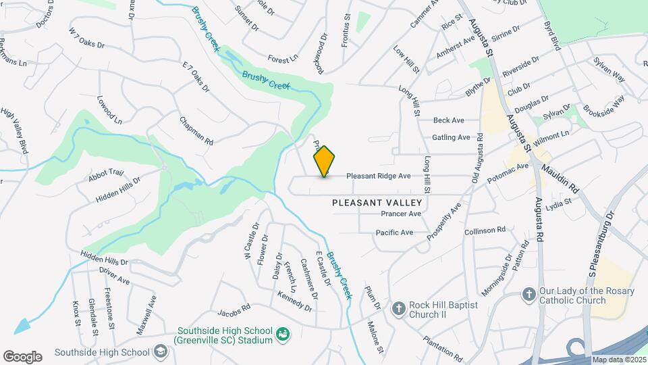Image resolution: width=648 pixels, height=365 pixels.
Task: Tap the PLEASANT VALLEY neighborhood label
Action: click(377, 203)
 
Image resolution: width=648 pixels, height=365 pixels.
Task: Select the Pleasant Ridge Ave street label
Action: click(379, 176)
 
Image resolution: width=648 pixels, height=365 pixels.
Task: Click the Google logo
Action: click(22, 357)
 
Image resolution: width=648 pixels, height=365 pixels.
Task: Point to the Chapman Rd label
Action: click(196, 131)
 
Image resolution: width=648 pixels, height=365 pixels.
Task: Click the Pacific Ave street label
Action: click(395, 233)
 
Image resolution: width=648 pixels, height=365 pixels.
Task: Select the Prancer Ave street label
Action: click(401, 214)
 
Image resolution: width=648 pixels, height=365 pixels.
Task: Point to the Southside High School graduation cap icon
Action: click(160, 351)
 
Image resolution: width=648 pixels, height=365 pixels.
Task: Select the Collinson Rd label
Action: click(485, 230)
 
